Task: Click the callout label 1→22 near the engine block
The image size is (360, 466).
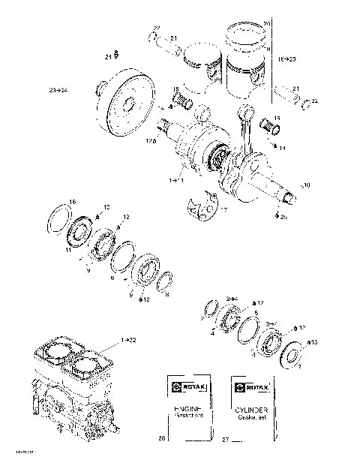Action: pyautogui.click(x=127, y=341)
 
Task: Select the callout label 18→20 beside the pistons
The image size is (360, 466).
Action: pyautogui.click(x=286, y=57)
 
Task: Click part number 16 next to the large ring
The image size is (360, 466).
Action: pyautogui.click(x=72, y=201)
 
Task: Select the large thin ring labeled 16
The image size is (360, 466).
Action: pyautogui.click(x=58, y=218)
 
